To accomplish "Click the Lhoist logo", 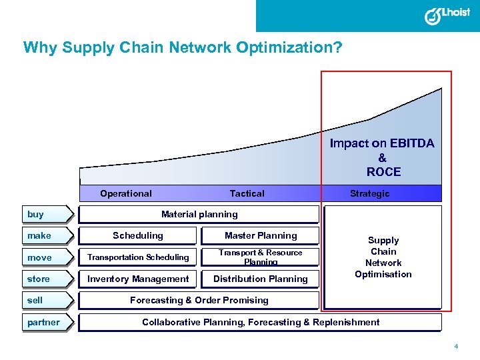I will [447, 15].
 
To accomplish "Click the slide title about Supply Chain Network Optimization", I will [183, 48].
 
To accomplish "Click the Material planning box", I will [199, 214].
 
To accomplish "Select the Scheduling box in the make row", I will [138, 235].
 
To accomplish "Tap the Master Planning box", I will [261, 235].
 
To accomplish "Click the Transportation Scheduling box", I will [138, 257].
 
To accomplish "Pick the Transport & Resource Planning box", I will [261, 257].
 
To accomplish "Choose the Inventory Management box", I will [138, 279].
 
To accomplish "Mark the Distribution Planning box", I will [261, 279].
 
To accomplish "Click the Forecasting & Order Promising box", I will [199, 300].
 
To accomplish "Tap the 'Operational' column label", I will [126, 193].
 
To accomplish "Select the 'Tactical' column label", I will [247, 193].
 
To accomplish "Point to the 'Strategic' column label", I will [370, 193].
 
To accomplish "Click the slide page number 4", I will [456, 347].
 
